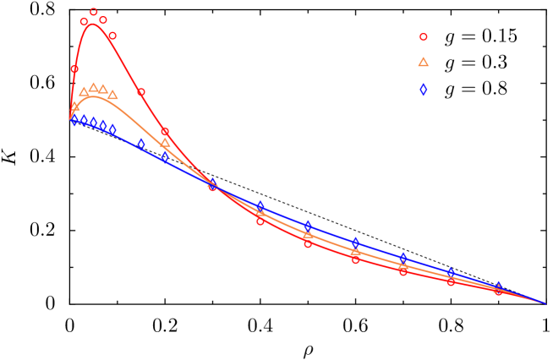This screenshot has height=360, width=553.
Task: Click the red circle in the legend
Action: click(x=423, y=37)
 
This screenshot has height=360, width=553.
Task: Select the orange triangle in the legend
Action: click(x=423, y=62)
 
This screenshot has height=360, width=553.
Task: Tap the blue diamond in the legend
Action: click(x=423, y=90)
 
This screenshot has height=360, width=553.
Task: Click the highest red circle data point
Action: click(x=93, y=13)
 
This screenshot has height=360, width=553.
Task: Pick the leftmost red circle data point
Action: click(x=74, y=69)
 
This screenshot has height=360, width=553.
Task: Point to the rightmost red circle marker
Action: click(x=498, y=291)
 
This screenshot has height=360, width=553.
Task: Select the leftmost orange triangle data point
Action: click(x=74, y=106)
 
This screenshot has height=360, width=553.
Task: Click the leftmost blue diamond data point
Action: click(x=74, y=119)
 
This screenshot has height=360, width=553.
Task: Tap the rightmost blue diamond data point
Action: click(x=498, y=287)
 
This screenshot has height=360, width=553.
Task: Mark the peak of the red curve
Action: click(x=92, y=24)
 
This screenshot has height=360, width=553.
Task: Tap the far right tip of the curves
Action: click(x=545, y=303)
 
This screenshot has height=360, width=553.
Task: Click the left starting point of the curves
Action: click(x=70, y=119)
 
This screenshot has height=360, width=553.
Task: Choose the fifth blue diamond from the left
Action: click(x=112, y=129)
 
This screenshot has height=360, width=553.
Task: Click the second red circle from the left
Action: click(x=84, y=22)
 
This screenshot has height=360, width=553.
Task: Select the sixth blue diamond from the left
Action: click(x=140, y=145)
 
